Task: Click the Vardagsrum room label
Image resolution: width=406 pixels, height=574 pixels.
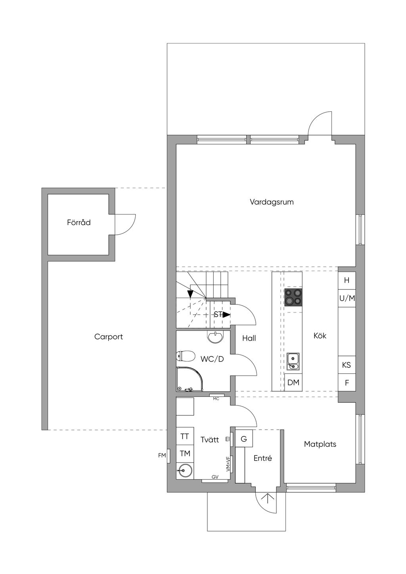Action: pos(272,202)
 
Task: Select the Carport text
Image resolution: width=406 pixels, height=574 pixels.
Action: pos(108,337)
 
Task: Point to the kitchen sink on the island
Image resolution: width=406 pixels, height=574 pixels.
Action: pos(293,361)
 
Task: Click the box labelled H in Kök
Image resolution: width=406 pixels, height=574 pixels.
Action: pos(347,280)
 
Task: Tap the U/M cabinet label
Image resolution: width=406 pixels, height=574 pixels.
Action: pos(347,298)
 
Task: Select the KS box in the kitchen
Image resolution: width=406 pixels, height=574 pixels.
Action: pos(347,365)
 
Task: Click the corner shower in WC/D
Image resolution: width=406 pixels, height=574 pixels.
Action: pos(190,379)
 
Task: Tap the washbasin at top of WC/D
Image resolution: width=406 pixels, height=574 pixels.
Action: pos(216,337)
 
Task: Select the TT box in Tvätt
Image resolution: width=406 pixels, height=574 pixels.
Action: pos(185,436)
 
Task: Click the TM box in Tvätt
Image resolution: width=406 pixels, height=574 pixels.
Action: pos(185,454)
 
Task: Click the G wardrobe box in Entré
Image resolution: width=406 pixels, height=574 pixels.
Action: pos(244,439)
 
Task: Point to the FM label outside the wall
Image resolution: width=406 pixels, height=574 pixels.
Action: pos(162,455)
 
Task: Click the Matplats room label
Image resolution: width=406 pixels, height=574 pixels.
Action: pos(320,444)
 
